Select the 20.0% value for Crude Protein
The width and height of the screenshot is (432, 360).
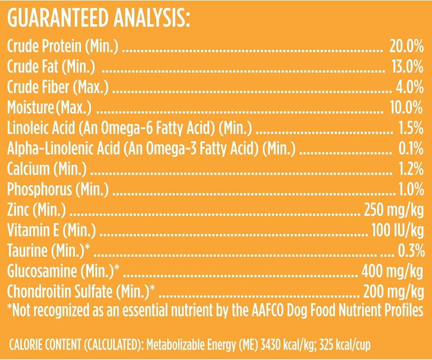pyautogui.click(x=406, y=46)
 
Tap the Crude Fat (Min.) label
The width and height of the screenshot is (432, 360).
pyautogui.click(x=51, y=67)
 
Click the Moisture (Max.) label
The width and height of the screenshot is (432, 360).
pyautogui.click(x=49, y=107)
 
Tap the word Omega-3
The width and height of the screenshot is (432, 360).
pyautogui.click(x=170, y=148)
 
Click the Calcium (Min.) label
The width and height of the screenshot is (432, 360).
pyautogui.click(x=46, y=169)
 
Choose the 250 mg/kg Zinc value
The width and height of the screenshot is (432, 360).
pyautogui.click(x=394, y=210)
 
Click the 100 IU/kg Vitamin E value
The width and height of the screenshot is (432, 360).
pyautogui.click(x=397, y=230)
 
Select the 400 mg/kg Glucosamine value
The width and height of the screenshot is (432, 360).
pyautogui.click(x=392, y=271)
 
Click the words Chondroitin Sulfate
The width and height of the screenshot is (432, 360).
pyautogui.click(x=60, y=292)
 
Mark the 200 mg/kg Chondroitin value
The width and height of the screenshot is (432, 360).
pyautogui.click(x=393, y=292)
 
